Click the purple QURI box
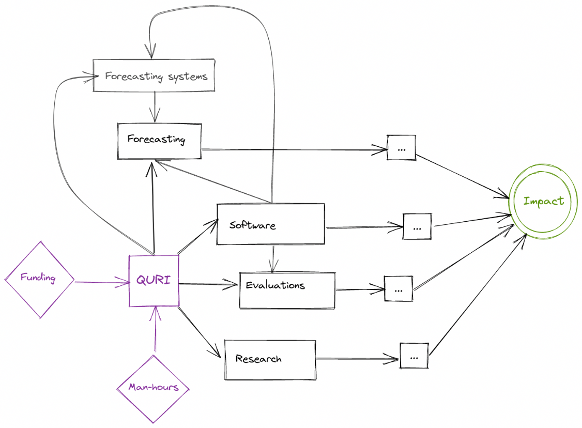point(154,280)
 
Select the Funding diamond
point(39,279)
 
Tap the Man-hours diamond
point(153,387)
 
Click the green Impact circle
point(543,201)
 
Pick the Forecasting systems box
point(154,76)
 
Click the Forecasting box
point(159,140)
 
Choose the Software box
point(270,224)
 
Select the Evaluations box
point(287,290)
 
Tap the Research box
point(269,359)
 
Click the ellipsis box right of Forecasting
point(401,148)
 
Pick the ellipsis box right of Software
point(417,227)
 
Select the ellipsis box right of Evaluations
point(398,289)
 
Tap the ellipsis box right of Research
point(413,356)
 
